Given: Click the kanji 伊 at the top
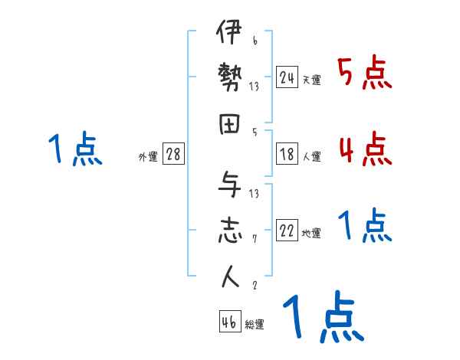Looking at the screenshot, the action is coord(228,36).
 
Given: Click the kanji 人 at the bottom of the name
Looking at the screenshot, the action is coord(228,277).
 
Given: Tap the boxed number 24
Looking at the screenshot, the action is coord(287,77).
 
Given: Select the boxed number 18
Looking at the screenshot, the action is coord(287,153).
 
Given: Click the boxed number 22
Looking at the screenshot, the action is coord(287,231).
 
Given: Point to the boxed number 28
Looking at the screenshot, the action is coord(173,155).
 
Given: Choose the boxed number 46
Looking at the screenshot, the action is coord(229,322).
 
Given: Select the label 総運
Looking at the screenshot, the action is coord(255,325).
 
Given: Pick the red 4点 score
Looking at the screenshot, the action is coord(365,149).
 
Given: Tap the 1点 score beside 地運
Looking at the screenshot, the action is coord(365,226).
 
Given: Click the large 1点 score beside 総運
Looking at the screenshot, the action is coord(322,318).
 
